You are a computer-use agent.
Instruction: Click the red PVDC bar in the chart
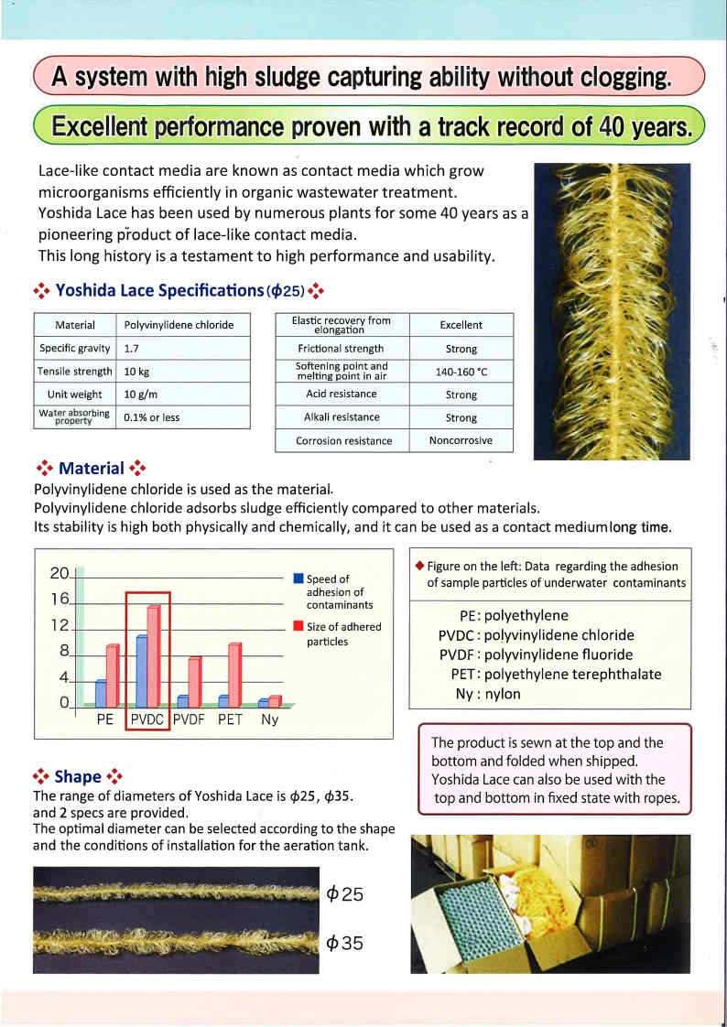pos(153,654)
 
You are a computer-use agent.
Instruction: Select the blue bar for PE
pos(102,694)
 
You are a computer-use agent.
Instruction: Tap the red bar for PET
pos(234,675)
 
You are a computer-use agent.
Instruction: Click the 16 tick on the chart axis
pos(60,600)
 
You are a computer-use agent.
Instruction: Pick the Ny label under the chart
pos(269,719)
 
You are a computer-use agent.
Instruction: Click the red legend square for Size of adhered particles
pos(298,627)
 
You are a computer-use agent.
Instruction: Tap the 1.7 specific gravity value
pos(132,349)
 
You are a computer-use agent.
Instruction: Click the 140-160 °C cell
pos(461,372)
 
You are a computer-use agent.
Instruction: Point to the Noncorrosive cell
pos(461,440)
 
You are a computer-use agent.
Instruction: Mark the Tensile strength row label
pos(75,372)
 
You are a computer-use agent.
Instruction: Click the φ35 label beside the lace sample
pos(345,944)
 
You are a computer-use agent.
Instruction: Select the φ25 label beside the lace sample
pos(345,894)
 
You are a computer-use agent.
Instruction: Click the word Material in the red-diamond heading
pos(91,469)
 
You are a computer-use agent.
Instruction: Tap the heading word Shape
pos(78,776)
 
